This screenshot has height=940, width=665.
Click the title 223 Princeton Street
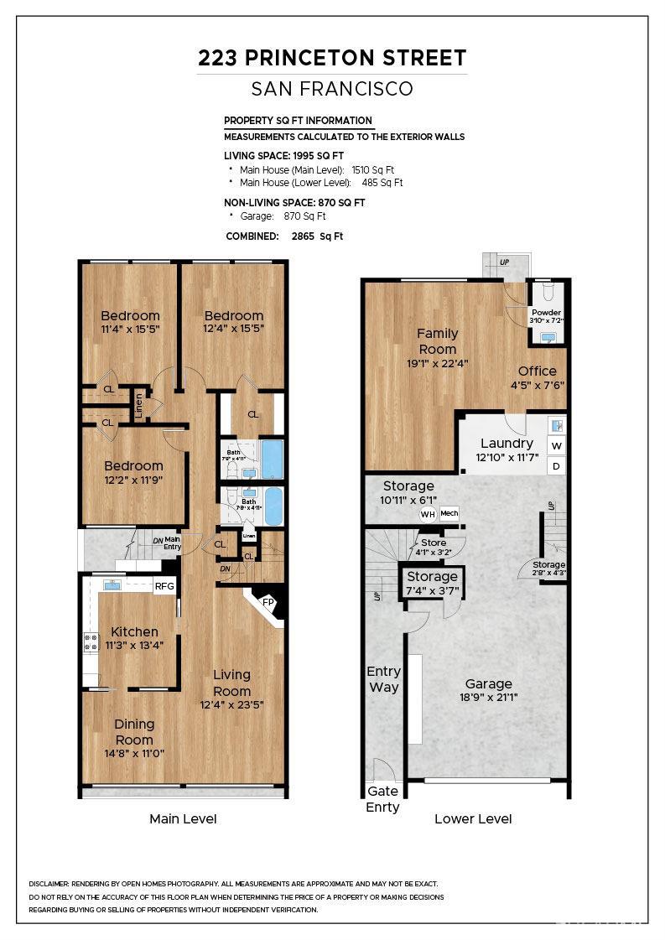click(332, 58)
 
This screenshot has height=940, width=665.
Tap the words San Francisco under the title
click(332, 89)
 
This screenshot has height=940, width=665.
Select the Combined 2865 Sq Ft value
click(316, 236)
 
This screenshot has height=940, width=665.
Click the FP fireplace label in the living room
click(268, 602)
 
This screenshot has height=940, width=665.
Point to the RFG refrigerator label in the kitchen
click(164, 586)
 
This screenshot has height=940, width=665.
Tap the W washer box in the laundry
click(556, 446)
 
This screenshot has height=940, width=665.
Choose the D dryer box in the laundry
click(556, 466)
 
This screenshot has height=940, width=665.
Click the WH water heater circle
click(428, 514)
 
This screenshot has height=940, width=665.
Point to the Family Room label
click(438, 341)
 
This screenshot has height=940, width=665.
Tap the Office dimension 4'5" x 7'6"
click(537, 386)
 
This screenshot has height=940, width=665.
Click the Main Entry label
click(172, 543)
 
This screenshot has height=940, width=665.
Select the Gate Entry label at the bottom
click(383, 799)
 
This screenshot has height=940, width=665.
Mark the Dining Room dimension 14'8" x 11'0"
click(134, 753)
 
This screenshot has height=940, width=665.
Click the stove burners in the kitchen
click(90, 643)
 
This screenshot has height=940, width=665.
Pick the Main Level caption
click(183, 818)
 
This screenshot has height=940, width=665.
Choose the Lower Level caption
click(473, 818)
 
